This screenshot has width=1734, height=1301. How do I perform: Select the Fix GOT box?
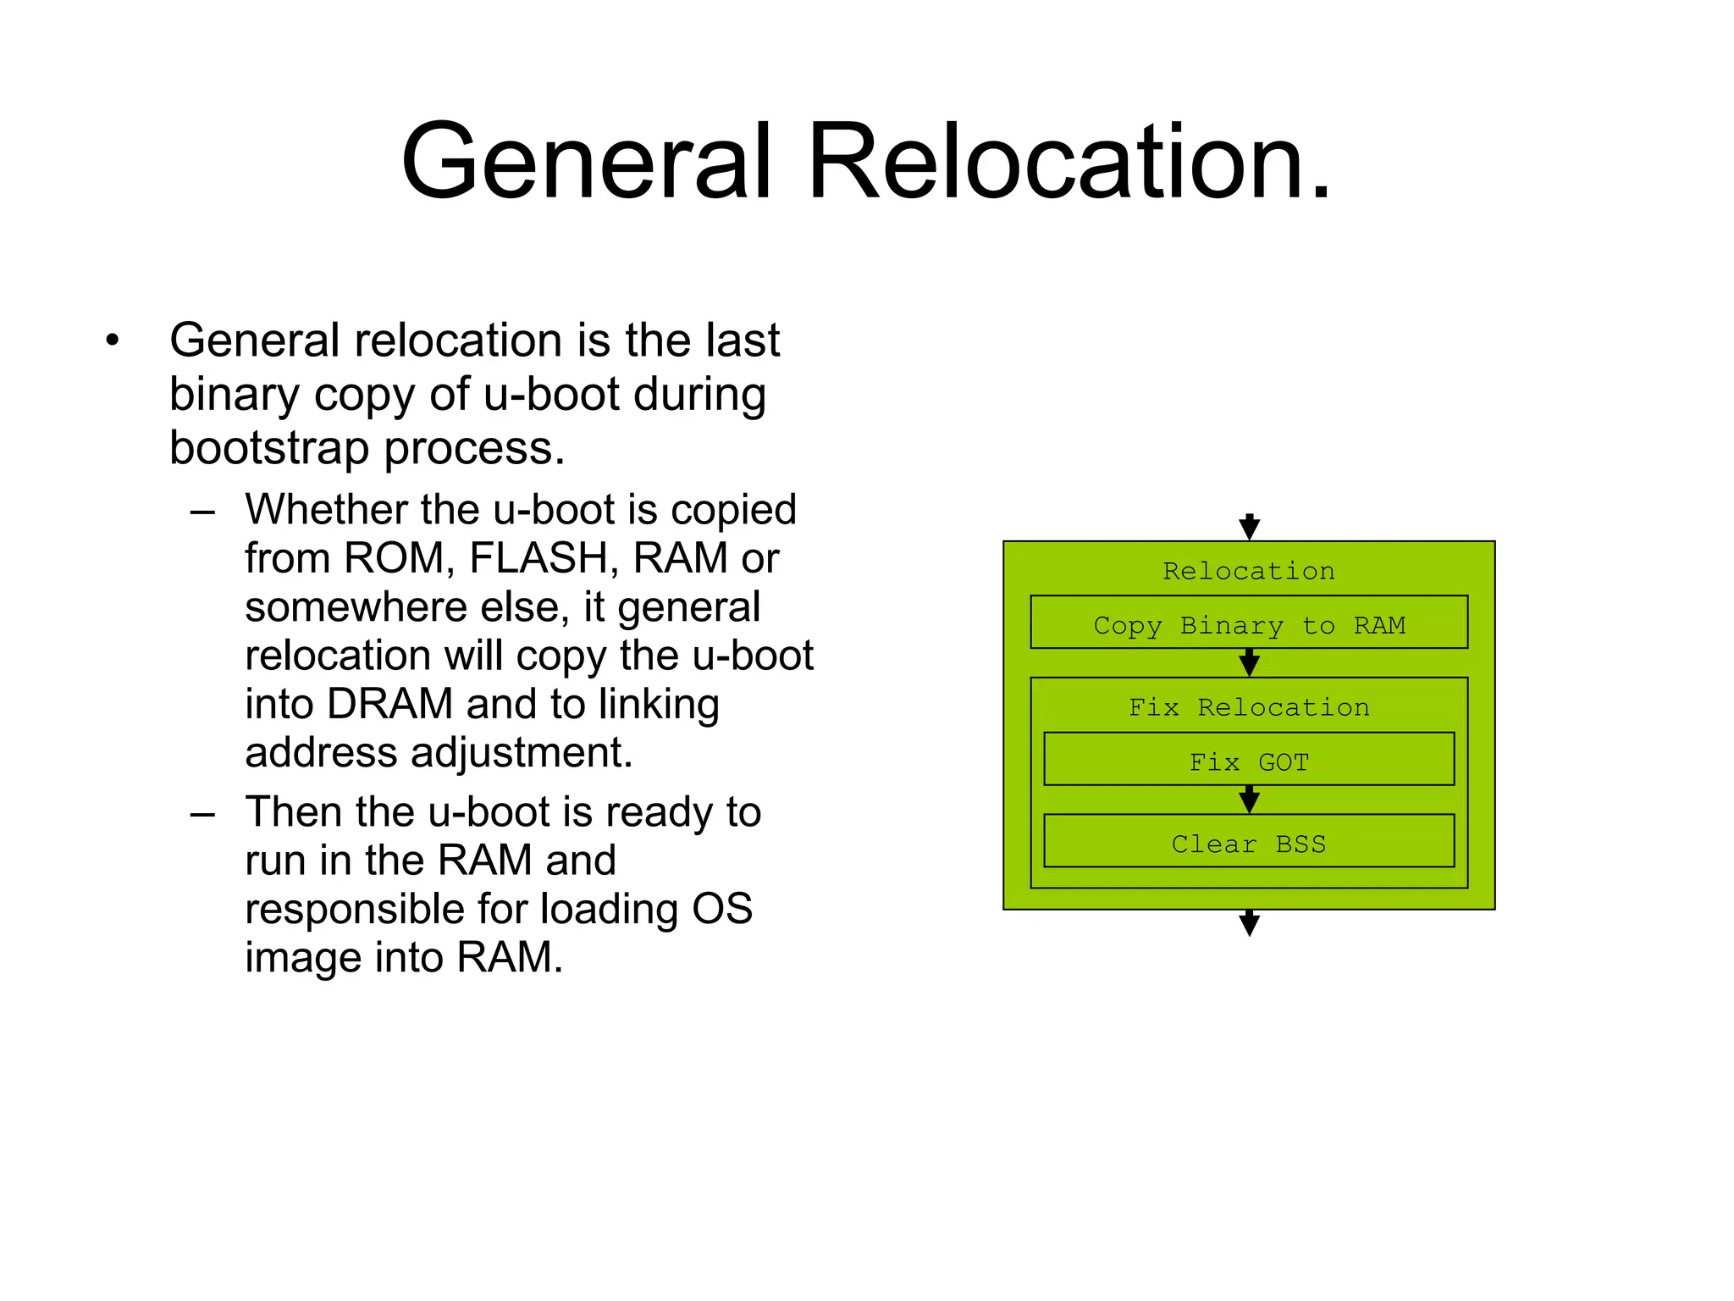click(1249, 761)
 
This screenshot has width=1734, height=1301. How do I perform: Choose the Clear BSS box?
click(1249, 843)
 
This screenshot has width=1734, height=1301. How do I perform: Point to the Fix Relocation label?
click(1249, 706)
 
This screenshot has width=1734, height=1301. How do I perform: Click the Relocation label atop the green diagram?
click(1249, 570)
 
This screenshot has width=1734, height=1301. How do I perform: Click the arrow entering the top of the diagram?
click(1249, 527)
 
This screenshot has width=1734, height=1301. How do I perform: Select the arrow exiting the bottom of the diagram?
click(1249, 922)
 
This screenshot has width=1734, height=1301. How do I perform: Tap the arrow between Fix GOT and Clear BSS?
click(1249, 800)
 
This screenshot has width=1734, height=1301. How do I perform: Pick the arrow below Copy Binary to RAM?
click(1249, 662)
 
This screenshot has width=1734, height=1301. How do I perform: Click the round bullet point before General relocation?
click(113, 341)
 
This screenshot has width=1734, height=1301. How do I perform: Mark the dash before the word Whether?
click(202, 512)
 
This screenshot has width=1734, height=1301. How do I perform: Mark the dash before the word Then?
click(202, 814)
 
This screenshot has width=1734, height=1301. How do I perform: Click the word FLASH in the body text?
click(544, 558)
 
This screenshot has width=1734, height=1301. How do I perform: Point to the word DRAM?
click(390, 704)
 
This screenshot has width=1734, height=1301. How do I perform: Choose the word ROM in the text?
click(395, 558)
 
